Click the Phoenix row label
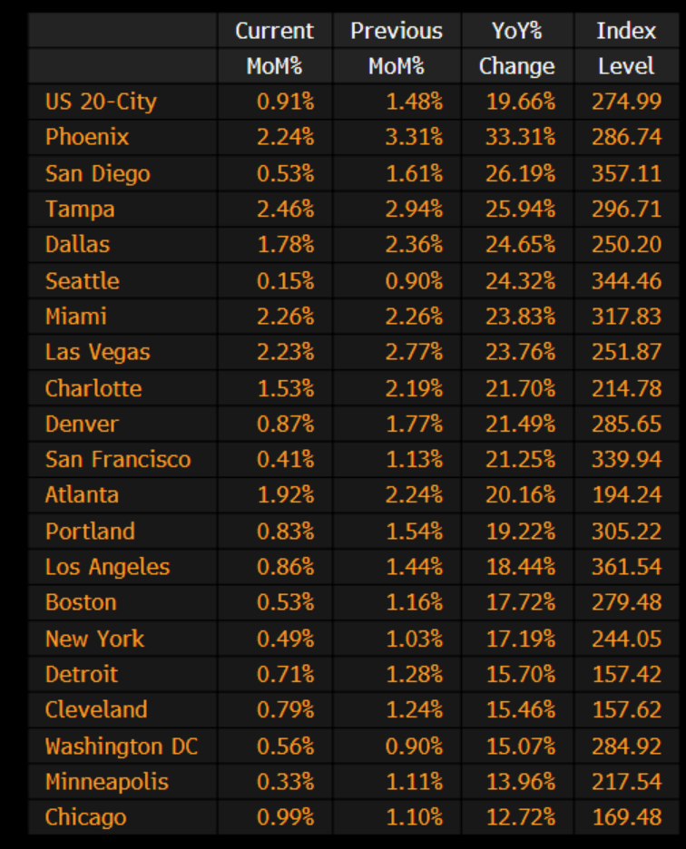tap(87, 137)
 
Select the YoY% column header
tap(516, 30)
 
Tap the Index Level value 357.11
tap(626, 173)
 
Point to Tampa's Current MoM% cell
tap(285, 210)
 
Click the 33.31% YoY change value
tap(520, 137)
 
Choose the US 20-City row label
tap(101, 102)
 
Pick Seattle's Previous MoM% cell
tap(414, 281)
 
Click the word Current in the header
tap(274, 30)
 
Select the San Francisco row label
tap(118, 459)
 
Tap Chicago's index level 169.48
tap(626, 817)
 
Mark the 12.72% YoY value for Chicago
tap(520, 817)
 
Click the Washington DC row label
tap(121, 747)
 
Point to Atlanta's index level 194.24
tap(626, 495)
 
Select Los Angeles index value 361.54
tap(626, 567)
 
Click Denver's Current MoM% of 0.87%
tap(285, 424)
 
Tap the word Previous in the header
tap(396, 30)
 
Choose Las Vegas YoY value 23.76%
tap(520, 352)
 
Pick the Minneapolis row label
tap(107, 782)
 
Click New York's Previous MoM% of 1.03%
tap(414, 639)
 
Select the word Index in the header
tap(626, 30)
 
